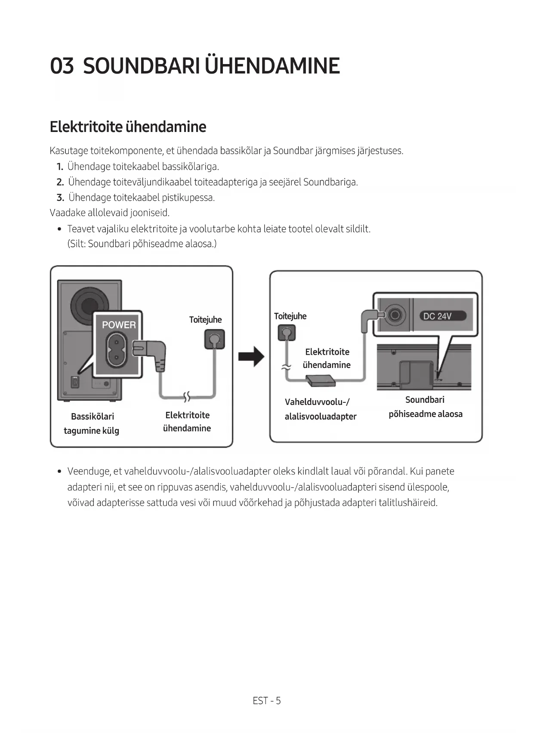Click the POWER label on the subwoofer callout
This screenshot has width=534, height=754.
119,325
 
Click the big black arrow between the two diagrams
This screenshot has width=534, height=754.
251,356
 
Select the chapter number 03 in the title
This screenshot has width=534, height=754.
62,66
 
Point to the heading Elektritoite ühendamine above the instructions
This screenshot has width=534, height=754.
128,127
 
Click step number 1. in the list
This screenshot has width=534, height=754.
60,167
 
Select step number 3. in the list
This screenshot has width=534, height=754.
60,198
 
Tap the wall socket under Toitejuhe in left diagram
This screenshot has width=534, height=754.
214,339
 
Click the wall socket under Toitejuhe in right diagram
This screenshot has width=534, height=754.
287,332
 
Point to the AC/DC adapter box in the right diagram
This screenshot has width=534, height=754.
320,380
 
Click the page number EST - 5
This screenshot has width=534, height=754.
267,701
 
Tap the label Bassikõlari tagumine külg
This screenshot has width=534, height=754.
92,423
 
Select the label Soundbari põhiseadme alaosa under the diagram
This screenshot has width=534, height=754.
425,407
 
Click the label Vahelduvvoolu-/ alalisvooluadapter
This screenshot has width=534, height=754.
320,409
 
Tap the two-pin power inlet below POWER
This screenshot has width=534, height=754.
116,349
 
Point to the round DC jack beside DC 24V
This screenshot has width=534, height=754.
395,316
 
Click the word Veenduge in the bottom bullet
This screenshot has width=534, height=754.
88,472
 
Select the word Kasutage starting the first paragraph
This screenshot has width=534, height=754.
69,151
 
